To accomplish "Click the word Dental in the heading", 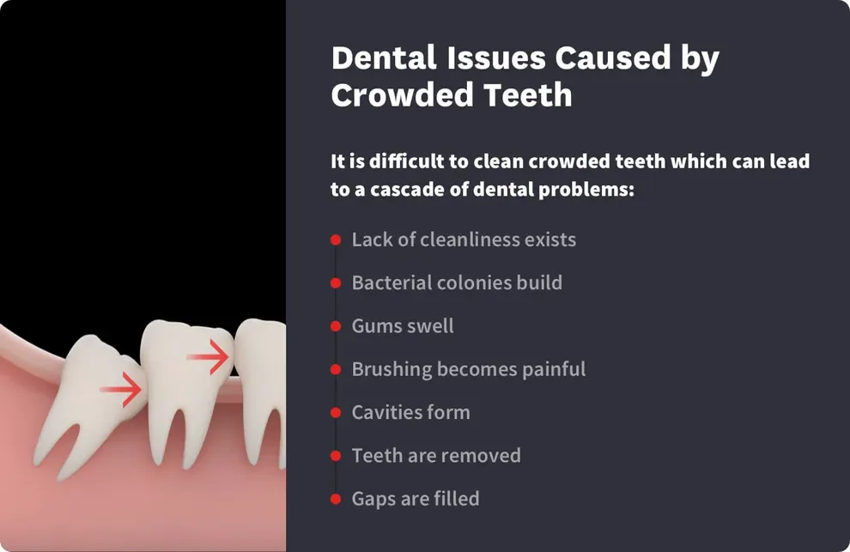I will click(382, 58).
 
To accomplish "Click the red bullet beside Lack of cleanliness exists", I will click(336, 240).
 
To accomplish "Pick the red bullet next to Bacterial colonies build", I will click(336, 283).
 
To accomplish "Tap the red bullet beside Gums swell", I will click(336, 326).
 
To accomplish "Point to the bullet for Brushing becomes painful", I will click(336, 370).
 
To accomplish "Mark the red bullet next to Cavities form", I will click(336, 413).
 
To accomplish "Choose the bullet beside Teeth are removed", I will click(336, 456).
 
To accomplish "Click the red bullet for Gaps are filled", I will click(336, 499).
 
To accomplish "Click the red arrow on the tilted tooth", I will click(121, 390).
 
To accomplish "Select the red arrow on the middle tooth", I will click(209, 356).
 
